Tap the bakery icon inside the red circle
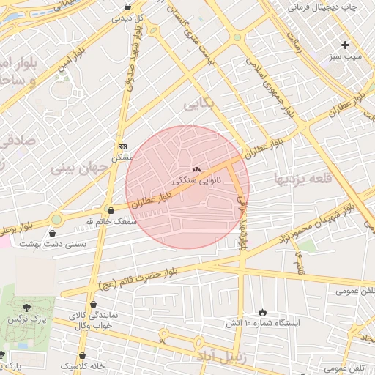point(196,169)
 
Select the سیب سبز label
point(345,56)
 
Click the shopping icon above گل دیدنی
point(129,7)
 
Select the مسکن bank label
point(122,157)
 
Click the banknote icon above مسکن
point(122,146)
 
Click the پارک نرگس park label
point(27,321)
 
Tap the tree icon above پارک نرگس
point(27,308)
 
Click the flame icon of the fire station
point(263,312)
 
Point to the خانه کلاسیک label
point(83,365)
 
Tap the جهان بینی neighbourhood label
point(79,168)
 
